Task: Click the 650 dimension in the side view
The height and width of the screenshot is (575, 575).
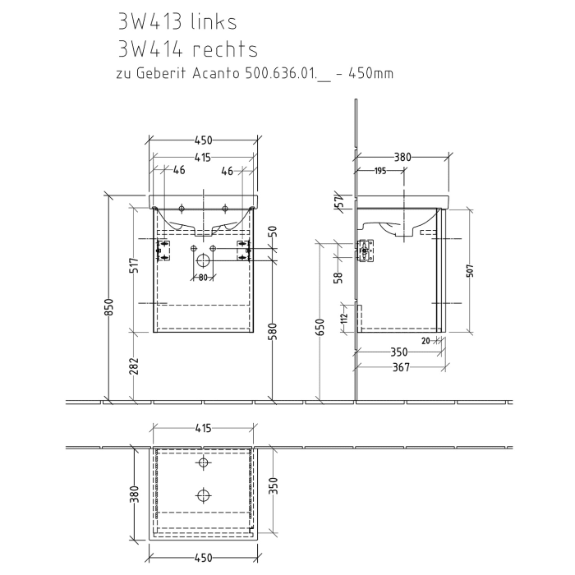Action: tap(321, 327)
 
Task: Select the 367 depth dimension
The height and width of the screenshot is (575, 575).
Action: tap(401, 367)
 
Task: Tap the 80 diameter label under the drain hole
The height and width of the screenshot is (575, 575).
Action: tap(201, 278)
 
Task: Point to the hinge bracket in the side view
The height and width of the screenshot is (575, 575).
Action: tap(364, 250)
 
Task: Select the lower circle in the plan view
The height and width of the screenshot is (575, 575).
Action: tap(202, 494)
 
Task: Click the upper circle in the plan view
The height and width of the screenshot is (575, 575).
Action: tap(202, 463)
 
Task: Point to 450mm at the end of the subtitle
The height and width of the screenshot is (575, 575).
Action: tap(370, 74)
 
